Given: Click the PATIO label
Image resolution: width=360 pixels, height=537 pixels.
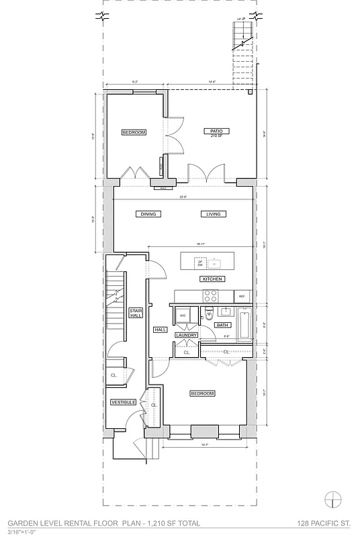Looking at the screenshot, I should pos(216,131).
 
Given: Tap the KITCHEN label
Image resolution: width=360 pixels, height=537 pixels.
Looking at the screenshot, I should pos(212,279).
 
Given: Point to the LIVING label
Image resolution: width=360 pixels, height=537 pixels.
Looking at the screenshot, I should pos(214,214).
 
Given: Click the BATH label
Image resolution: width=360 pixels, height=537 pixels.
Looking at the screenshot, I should pos(222,325).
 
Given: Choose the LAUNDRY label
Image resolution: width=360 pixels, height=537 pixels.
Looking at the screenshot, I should pos(186,335).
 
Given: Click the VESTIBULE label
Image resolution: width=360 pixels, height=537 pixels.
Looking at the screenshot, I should pos(124,402).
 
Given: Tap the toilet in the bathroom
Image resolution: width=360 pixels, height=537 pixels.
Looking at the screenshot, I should pos(209,312).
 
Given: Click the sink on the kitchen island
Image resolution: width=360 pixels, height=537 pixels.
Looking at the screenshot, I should pos(216,261).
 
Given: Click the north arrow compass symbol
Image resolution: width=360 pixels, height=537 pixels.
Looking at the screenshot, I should pos(332,499).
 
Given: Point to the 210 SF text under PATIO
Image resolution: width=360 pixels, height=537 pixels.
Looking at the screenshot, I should pos(216,136).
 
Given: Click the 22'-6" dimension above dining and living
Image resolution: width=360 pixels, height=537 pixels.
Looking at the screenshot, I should pos(183,197).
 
